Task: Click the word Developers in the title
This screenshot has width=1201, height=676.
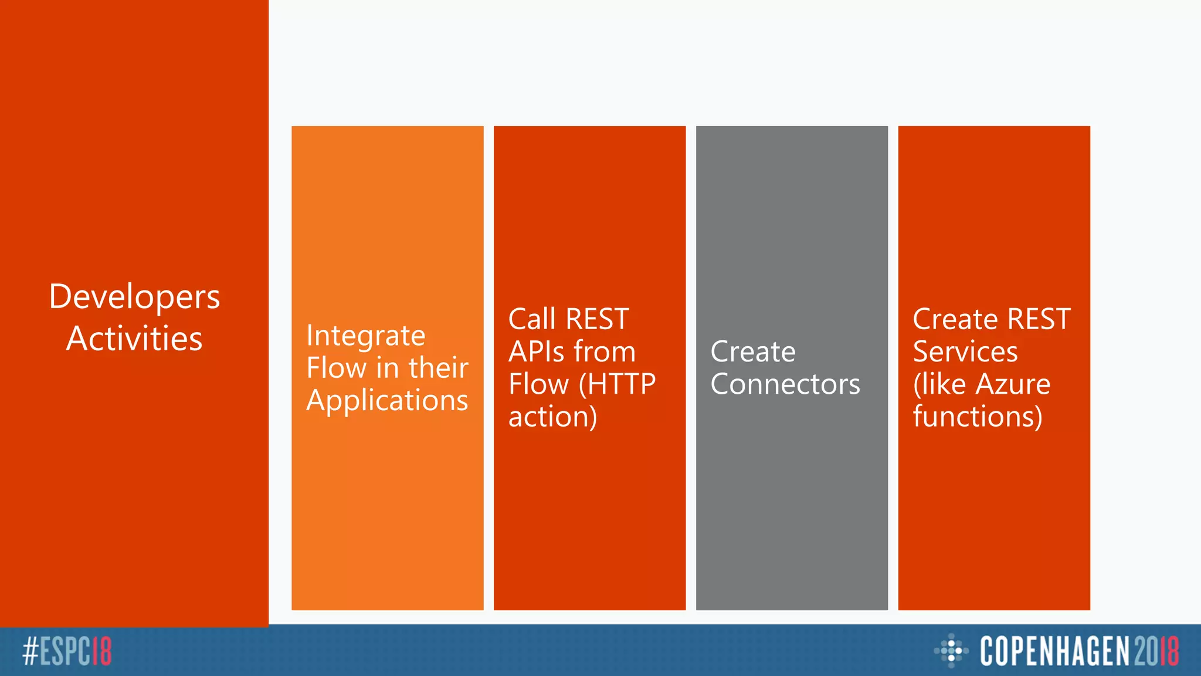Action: tap(134, 297)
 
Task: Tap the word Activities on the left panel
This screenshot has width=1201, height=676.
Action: tap(134, 339)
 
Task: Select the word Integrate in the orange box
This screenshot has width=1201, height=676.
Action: tap(366, 336)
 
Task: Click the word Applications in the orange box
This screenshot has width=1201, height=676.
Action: tap(387, 401)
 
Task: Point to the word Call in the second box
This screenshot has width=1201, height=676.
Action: tap(532, 319)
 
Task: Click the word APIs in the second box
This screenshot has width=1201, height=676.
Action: tap(535, 352)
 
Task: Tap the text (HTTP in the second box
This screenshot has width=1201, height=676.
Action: tap(617, 384)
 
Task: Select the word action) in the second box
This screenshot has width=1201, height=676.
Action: tap(552, 417)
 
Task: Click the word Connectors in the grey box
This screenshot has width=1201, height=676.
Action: tap(785, 384)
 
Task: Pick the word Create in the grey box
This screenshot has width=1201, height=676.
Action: tap(753, 352)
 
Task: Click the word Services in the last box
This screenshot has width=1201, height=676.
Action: tap(965, 352)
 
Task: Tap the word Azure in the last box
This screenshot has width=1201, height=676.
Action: tap(1013, 384)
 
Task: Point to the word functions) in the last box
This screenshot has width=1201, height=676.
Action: tap(978, 417)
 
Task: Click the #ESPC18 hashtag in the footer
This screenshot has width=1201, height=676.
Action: tap(67, 651)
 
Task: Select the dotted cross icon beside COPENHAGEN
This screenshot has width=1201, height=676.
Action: tap(951, 650)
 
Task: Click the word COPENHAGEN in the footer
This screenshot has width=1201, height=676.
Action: tap(1054, 651)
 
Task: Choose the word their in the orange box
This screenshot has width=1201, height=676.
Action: tap(438, 369)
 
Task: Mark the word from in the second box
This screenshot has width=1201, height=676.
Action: tap(605, 352)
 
